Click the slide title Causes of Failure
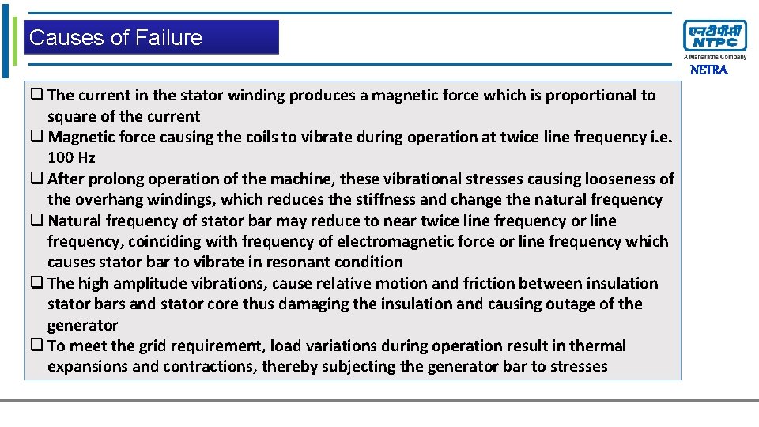(115, 38)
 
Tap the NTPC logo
(714, 36)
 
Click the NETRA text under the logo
(708, 70)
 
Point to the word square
(70, 117)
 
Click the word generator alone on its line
(82, 325)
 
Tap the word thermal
(599, 346)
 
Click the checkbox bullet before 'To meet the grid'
(37, 346)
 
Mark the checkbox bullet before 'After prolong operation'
(37, 179)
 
